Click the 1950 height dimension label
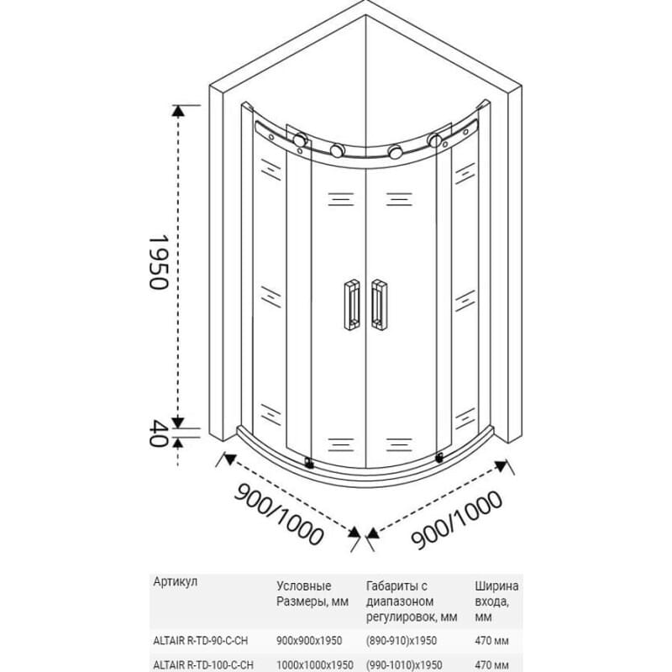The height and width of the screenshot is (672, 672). (x=159, y=262)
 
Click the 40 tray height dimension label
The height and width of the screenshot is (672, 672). (x=158, y=433)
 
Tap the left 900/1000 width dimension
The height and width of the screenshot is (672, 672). (x=279, y=514)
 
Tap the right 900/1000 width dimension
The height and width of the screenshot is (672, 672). (x=456, y=519)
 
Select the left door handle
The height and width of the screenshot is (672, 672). (x=352, y=305)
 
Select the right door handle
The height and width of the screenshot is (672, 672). (x=380, y=305)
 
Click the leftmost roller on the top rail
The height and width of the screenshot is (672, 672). (x=300, y=139)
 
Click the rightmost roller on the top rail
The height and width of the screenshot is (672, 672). (x=434, y=140)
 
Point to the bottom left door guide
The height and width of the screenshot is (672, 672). (x=308, y=462)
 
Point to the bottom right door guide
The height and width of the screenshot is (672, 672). (x=439, y=458)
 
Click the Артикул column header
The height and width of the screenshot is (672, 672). (x=176, y=581)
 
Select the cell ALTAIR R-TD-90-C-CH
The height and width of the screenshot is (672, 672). (x=201, y=641)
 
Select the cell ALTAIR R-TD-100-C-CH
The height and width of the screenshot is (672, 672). (x=203, y=665)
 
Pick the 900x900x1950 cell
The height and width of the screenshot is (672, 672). (x=309, y=641)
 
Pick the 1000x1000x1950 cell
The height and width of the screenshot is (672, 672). (x=315, y=665)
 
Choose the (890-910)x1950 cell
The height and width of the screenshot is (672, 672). (x=402, y=641)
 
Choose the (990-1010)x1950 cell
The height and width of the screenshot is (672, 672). (x=404, y=665)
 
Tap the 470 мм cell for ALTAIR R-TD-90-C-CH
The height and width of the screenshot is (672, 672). (x=492, y=641)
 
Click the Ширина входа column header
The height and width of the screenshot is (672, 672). (x=496, y=601)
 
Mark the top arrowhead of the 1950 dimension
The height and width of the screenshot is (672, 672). (x=178, y=111)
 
